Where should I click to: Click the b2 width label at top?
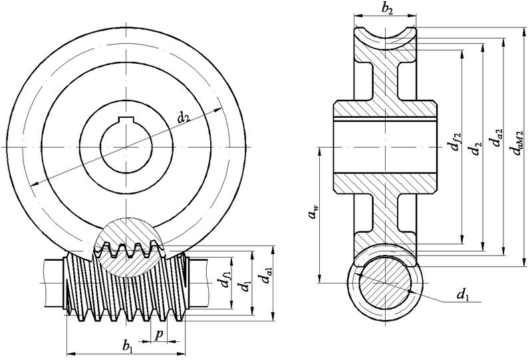[387, 9]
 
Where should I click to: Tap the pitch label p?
[159, 335]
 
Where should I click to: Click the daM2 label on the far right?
[518, 143]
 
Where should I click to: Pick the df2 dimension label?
[455, 142]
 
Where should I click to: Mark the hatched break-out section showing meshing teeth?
[126, 248]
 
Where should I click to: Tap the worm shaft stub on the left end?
[54, 283]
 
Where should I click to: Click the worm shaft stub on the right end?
[198, 283]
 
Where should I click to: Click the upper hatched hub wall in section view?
[385, 109]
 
